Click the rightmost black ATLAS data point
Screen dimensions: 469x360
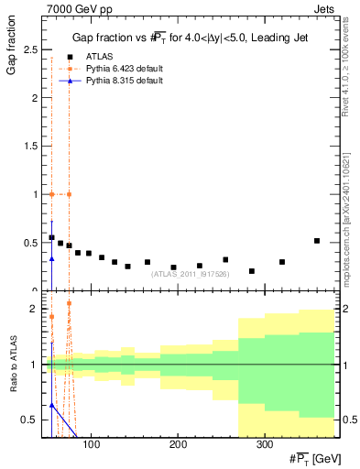[317, 241]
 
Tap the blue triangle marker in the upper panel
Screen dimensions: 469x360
[52, 259]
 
